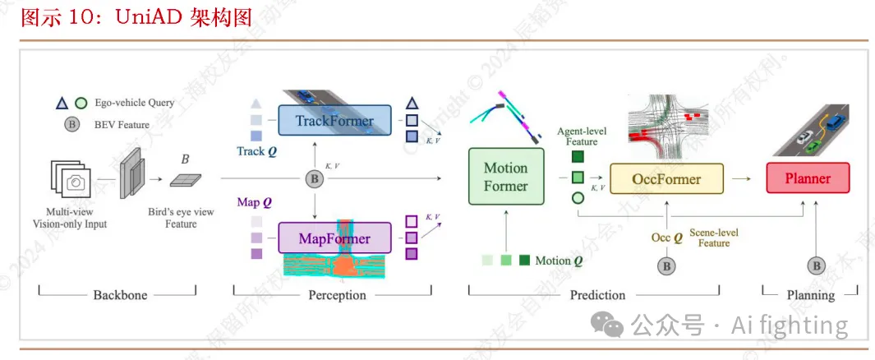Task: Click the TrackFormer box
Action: click(334, 121)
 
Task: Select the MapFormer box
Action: click(334, 238)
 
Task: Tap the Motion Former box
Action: click(505, 177)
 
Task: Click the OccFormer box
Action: click(666, 178)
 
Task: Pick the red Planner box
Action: click(808, 178)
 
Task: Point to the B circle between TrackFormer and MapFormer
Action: click(313, 178)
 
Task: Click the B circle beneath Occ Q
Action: click(666, 265)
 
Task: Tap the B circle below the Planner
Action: click(816, 265)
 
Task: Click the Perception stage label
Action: click(337, 294)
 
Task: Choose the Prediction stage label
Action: click(597, 294)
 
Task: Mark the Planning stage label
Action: click(810, 294)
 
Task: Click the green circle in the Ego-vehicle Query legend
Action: click(81, 104)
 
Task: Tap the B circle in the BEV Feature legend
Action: click(72, 125)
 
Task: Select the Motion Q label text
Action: click(559, 261)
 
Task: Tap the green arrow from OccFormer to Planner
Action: click(742, 178)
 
